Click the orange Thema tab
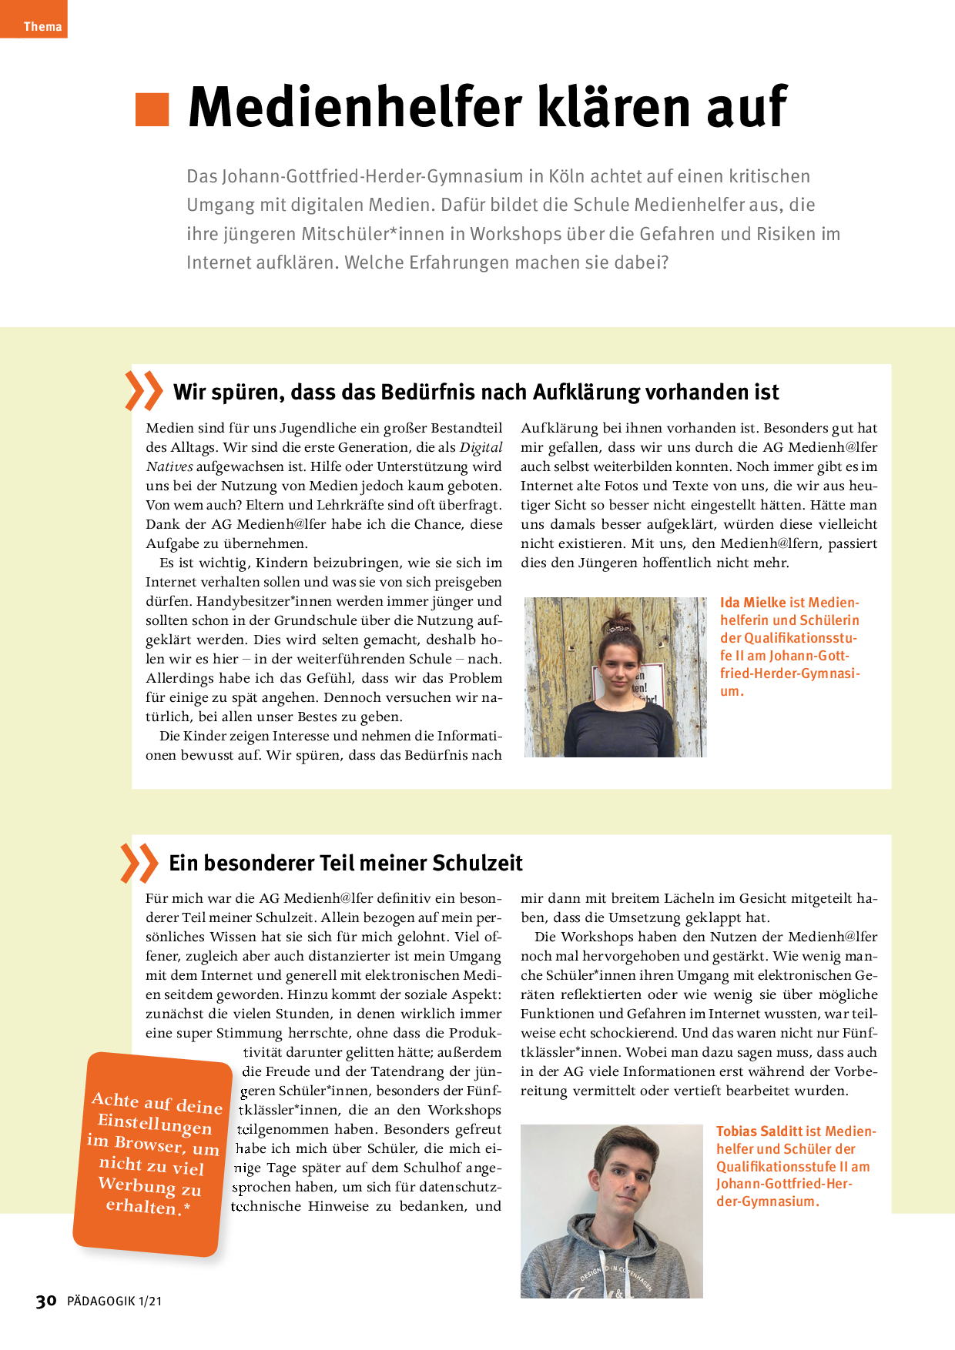(34, 20)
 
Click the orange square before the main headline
(152, 109)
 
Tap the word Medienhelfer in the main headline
(355, 108)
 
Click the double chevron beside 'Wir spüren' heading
(144, 391)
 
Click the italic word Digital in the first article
(481, 447)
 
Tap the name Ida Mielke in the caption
(752, 603)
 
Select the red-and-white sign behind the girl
(647, 681)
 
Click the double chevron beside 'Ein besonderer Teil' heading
(139, 863)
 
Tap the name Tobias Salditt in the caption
(759, 1131)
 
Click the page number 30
(46, 1301)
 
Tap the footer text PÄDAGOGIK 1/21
(114, 1302)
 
